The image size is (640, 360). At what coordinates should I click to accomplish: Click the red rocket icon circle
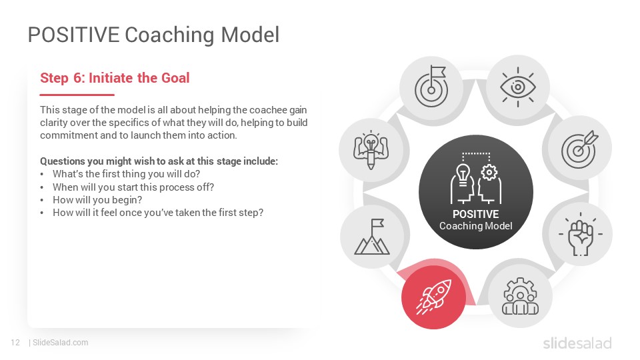click(x=433, y=297)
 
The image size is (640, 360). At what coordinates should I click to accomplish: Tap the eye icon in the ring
click(x=518, y=87)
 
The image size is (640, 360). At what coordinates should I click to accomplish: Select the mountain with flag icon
click(x=372, y=237)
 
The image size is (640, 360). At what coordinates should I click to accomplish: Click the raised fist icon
click(x=581, y=234)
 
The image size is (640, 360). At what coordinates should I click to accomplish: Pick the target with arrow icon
click(x=579, y=149)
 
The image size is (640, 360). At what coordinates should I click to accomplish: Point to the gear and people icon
click(x=520, y=296)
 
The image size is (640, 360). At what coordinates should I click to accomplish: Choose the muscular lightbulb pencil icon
click(x=371, y=150)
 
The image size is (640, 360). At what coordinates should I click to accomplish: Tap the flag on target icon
click(x=431, y=87)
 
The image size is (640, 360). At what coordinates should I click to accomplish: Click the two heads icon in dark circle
click(x=476, y=178)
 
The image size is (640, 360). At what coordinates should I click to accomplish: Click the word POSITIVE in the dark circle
click(x=475, y=214)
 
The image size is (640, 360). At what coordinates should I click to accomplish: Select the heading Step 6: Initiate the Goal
click(x=115, y=77)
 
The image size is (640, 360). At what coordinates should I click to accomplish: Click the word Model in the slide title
click(x=250, y=35)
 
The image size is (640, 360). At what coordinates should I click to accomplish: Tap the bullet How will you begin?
click(x=97, y=200)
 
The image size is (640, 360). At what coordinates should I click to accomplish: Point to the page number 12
click(x=15, y=343)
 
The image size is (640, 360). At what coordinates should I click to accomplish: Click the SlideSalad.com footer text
click(x=61, y=343)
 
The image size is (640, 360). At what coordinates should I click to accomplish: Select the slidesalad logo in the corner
click(x=577, y=343)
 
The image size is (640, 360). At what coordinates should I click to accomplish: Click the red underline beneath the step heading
click(x=77, y=95)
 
